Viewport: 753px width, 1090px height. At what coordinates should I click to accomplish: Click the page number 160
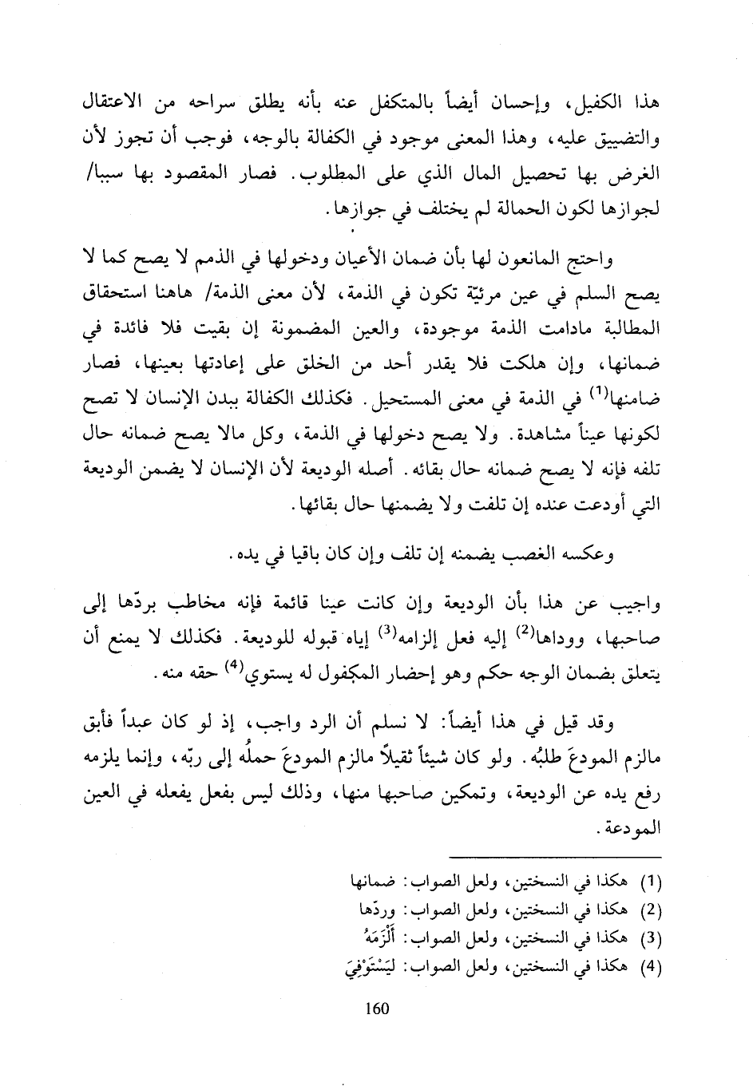[375, 1009]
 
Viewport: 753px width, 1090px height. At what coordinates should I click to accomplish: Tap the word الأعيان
[364, 259]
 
